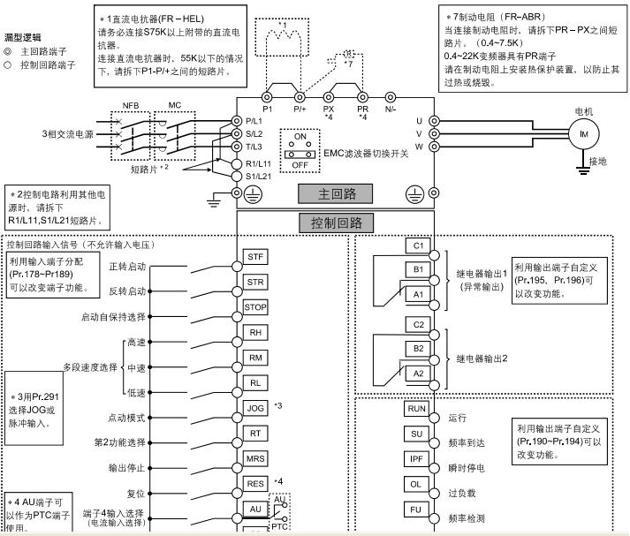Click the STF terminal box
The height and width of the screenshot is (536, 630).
[x=255, y=257]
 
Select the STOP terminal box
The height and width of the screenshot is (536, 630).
[x=255, y=306]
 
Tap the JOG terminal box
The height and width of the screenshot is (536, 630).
[x=255, y=408]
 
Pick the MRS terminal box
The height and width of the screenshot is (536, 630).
[x=255, y=458]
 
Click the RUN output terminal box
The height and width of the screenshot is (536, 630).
[x=415, y=409]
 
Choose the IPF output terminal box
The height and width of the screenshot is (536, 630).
[x=415, y=459]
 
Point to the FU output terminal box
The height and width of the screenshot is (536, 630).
[x=415, y=510]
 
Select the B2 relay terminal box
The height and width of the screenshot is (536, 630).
[x=415, y=350]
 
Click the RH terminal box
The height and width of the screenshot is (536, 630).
[x=255, y=332]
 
